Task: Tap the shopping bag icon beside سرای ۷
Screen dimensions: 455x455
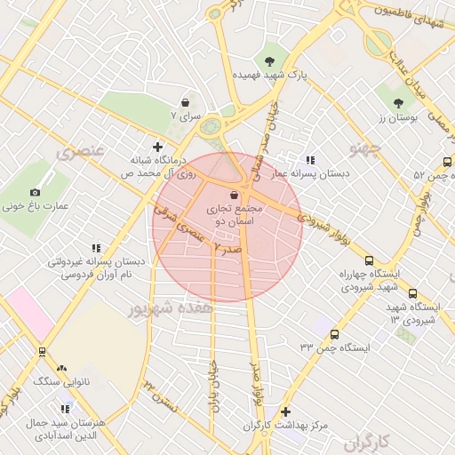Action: coord(185,102)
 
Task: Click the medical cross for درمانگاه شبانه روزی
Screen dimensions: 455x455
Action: coord(158,147)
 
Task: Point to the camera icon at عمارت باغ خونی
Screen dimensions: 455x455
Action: coord(35,192)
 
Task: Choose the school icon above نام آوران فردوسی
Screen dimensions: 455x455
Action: coord(96,248)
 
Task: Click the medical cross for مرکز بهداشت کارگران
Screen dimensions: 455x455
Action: coord(284,411)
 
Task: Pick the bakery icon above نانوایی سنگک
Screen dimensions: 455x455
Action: coord(61,368)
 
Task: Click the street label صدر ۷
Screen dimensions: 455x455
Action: coord(227,251)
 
